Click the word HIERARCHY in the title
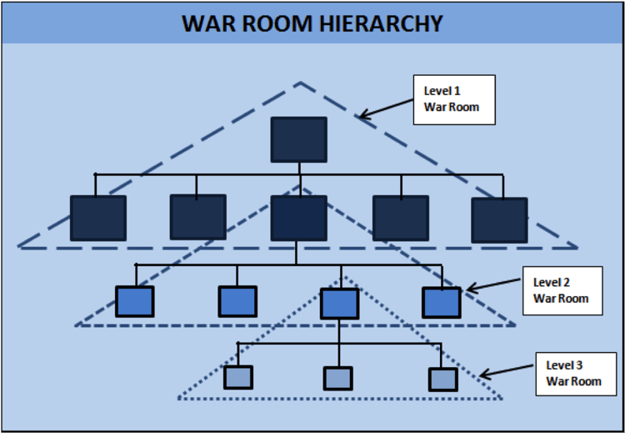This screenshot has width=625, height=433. (381, 23)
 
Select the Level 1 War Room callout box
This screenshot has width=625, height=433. (454, 100)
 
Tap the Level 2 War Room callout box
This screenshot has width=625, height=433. (562, 290)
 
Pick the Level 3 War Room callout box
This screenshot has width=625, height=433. (576, 374)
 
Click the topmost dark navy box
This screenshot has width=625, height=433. (299, 139)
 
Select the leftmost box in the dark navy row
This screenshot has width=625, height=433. (98, 218)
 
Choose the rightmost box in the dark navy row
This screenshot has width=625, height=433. (499, 220)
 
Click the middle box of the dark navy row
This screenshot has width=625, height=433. (299, 218)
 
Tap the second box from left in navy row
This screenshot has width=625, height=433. (198, 217)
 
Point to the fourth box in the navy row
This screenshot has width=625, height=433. (401, 218)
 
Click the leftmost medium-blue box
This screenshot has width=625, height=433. (135, 301)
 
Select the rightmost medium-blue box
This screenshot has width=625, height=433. (442, 303)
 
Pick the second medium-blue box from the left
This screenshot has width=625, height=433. (237, 301)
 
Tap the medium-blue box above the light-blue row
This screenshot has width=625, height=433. (340, 304)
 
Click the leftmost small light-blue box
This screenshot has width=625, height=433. (238, 377)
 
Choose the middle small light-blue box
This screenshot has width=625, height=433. (337, 378)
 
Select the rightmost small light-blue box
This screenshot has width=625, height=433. (442, 380)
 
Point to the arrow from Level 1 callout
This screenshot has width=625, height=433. (386, 108)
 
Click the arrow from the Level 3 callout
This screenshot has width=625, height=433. (506, 370)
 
